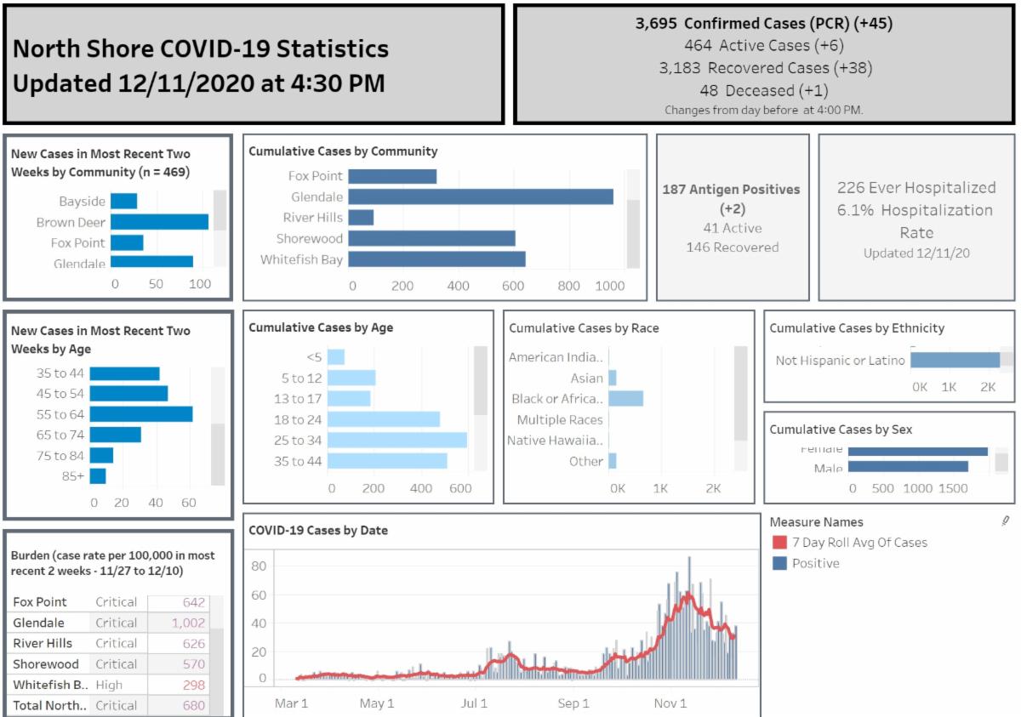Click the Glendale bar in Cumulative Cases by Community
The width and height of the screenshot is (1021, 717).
pyautogui.click(x=481, y=196)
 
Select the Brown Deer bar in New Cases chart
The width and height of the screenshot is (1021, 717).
pyautogui.click(x=159, y=222)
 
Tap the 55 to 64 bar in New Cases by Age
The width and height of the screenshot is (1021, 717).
pyautogui.click(x=140, y=414)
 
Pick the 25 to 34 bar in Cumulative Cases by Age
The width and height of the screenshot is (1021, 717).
pyautogui.click(x=396, y=440)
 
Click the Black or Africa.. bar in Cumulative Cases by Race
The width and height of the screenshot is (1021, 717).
pyautogui.click(x=625, y=398)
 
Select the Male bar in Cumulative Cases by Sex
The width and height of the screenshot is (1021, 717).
pyautogui.click(x=908, y=466)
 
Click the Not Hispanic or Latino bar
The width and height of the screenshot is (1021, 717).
pyautogui.click(x=955, y=361)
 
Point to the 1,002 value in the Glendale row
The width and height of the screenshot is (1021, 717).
pyautogui.click(x=188, y=623)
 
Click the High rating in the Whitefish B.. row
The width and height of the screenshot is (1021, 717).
pyautogui.click(x=109, y=685)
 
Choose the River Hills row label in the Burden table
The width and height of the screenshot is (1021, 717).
pyautogui.click(x=43, y=643)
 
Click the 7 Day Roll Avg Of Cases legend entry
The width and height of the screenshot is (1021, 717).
pyautogui.click(x=859, y=542)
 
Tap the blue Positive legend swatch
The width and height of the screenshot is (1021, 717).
pyautogui.click(x=779, y=563)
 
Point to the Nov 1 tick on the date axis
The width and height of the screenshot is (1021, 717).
pyautogui.click(x=670, y=703)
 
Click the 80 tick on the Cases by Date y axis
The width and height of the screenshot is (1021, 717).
pyautogui.click(x=259, y=566)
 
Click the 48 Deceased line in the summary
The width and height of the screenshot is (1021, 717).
pyautogui.click(x=764, y=90)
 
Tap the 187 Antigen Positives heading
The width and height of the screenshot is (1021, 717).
pyautogui.click(x=732, y=189)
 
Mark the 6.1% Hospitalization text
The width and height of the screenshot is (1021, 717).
pyautogui.click(x=915, y=210)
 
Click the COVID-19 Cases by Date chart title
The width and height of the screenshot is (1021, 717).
pyautogui.click(x=317, y=530)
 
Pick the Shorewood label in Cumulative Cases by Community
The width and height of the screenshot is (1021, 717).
pyautogui.click(x=310, y=239)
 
